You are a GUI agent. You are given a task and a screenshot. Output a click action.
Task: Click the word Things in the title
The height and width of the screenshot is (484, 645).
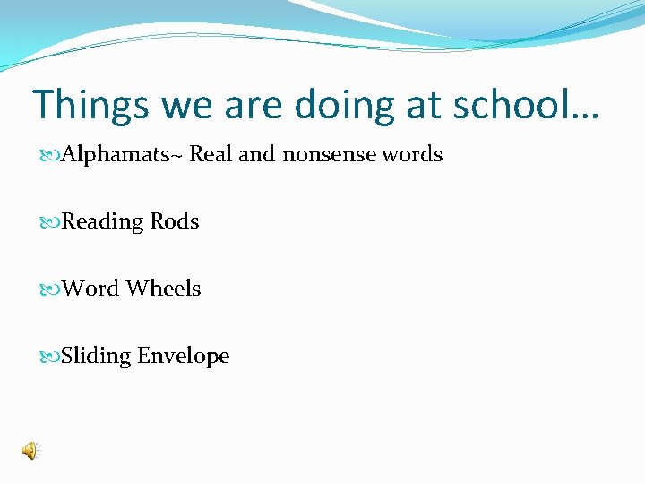click(x=90, y=105)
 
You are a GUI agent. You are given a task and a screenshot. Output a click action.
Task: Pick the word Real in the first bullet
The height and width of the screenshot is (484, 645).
click(x=211, y=154)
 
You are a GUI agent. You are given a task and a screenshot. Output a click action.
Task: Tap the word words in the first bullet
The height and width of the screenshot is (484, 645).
click(x=412, y=154)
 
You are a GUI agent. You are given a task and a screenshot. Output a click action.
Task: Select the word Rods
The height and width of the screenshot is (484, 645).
click(x=175, y=221)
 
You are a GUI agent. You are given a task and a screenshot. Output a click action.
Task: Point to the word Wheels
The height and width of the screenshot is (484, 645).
click(x=163, y=289)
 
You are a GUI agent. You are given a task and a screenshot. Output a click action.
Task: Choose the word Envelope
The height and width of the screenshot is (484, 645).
click(x=184, y=357)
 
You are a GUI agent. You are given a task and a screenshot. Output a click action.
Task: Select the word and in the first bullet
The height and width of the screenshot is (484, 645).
click(x=256, y=154)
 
